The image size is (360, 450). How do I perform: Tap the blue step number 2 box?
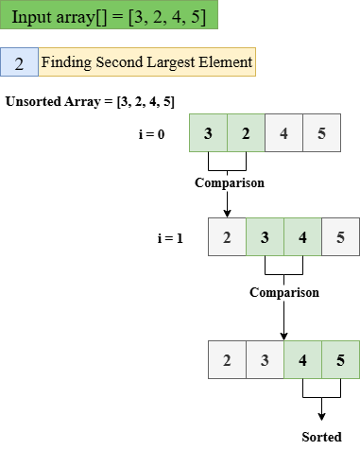coord(19,63)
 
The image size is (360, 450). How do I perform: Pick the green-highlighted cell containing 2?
coord(246,133)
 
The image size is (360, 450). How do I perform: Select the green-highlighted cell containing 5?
coord(340,360)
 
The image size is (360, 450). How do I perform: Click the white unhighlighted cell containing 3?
coord(265,360)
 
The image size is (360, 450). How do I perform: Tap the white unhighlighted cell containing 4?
coord(283,133)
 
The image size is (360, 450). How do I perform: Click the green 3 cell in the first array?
coord(208,133)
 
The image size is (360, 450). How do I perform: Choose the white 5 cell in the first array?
coord(321,133)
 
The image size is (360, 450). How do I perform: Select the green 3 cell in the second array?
coord(265,237)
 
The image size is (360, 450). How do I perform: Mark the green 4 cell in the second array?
coord(302,237)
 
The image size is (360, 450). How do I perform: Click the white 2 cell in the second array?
coord(227,237)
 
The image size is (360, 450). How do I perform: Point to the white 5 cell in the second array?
coord(340,237)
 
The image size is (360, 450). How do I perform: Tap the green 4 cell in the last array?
coord(302,360)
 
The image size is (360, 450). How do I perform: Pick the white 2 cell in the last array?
coord(227,360)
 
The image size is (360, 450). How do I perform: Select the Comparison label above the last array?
coord(283,293)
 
